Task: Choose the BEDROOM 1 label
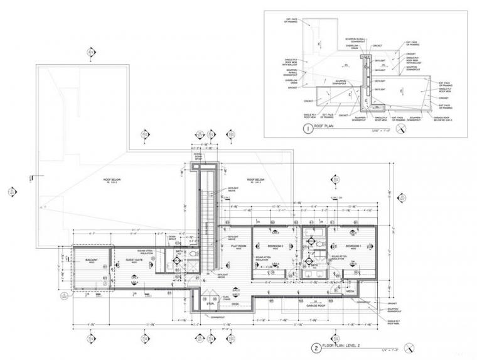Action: (x=352, y=246)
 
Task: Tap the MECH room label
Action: (x=351, y=291)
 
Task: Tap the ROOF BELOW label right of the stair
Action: (x=257, y=180)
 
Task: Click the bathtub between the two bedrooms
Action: (x=312, y=241)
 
